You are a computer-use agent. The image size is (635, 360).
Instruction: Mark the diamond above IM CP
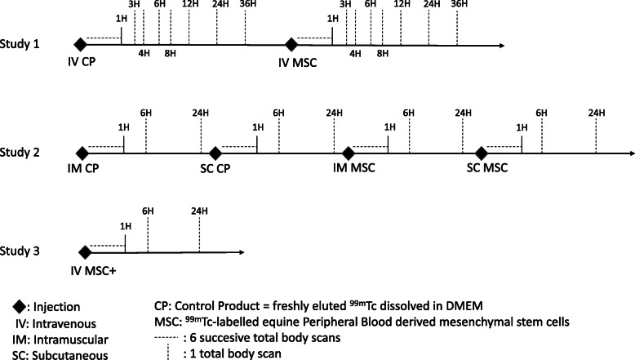coord(81,153)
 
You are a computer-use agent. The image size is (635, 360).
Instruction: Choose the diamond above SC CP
coord(215,153)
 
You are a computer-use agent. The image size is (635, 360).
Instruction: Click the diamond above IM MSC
coord(349,153)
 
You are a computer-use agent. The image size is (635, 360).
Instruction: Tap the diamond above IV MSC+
coord(83,253)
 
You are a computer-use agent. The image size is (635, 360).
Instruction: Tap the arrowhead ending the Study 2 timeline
coord(629,153)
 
